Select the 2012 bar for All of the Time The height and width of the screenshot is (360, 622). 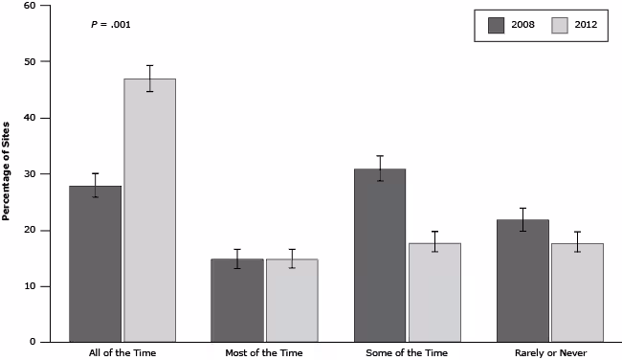(x=149, y=210)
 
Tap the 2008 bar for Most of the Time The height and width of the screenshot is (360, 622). (x=237, y=300)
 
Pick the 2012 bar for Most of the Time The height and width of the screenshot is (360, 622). (x=292, y=300)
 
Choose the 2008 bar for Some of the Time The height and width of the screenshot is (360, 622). (x=380, y=255)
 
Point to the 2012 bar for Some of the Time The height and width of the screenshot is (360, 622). (x=434, y=292)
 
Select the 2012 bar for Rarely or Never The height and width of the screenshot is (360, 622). (x=577, y=292)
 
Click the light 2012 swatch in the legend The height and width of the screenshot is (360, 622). (x=562, y=25)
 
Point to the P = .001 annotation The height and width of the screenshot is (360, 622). (x=111, y=25)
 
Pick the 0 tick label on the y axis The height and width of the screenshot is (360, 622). (x=33, y=342)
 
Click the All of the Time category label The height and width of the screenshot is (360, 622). (x=122, y=353)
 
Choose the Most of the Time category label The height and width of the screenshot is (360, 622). (x=264, y=353)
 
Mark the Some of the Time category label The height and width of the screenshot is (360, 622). (x=407, y=353)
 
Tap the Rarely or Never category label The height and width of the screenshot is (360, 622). (x=549, y=353)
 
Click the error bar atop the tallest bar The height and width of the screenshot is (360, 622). (x=149, y=79)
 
